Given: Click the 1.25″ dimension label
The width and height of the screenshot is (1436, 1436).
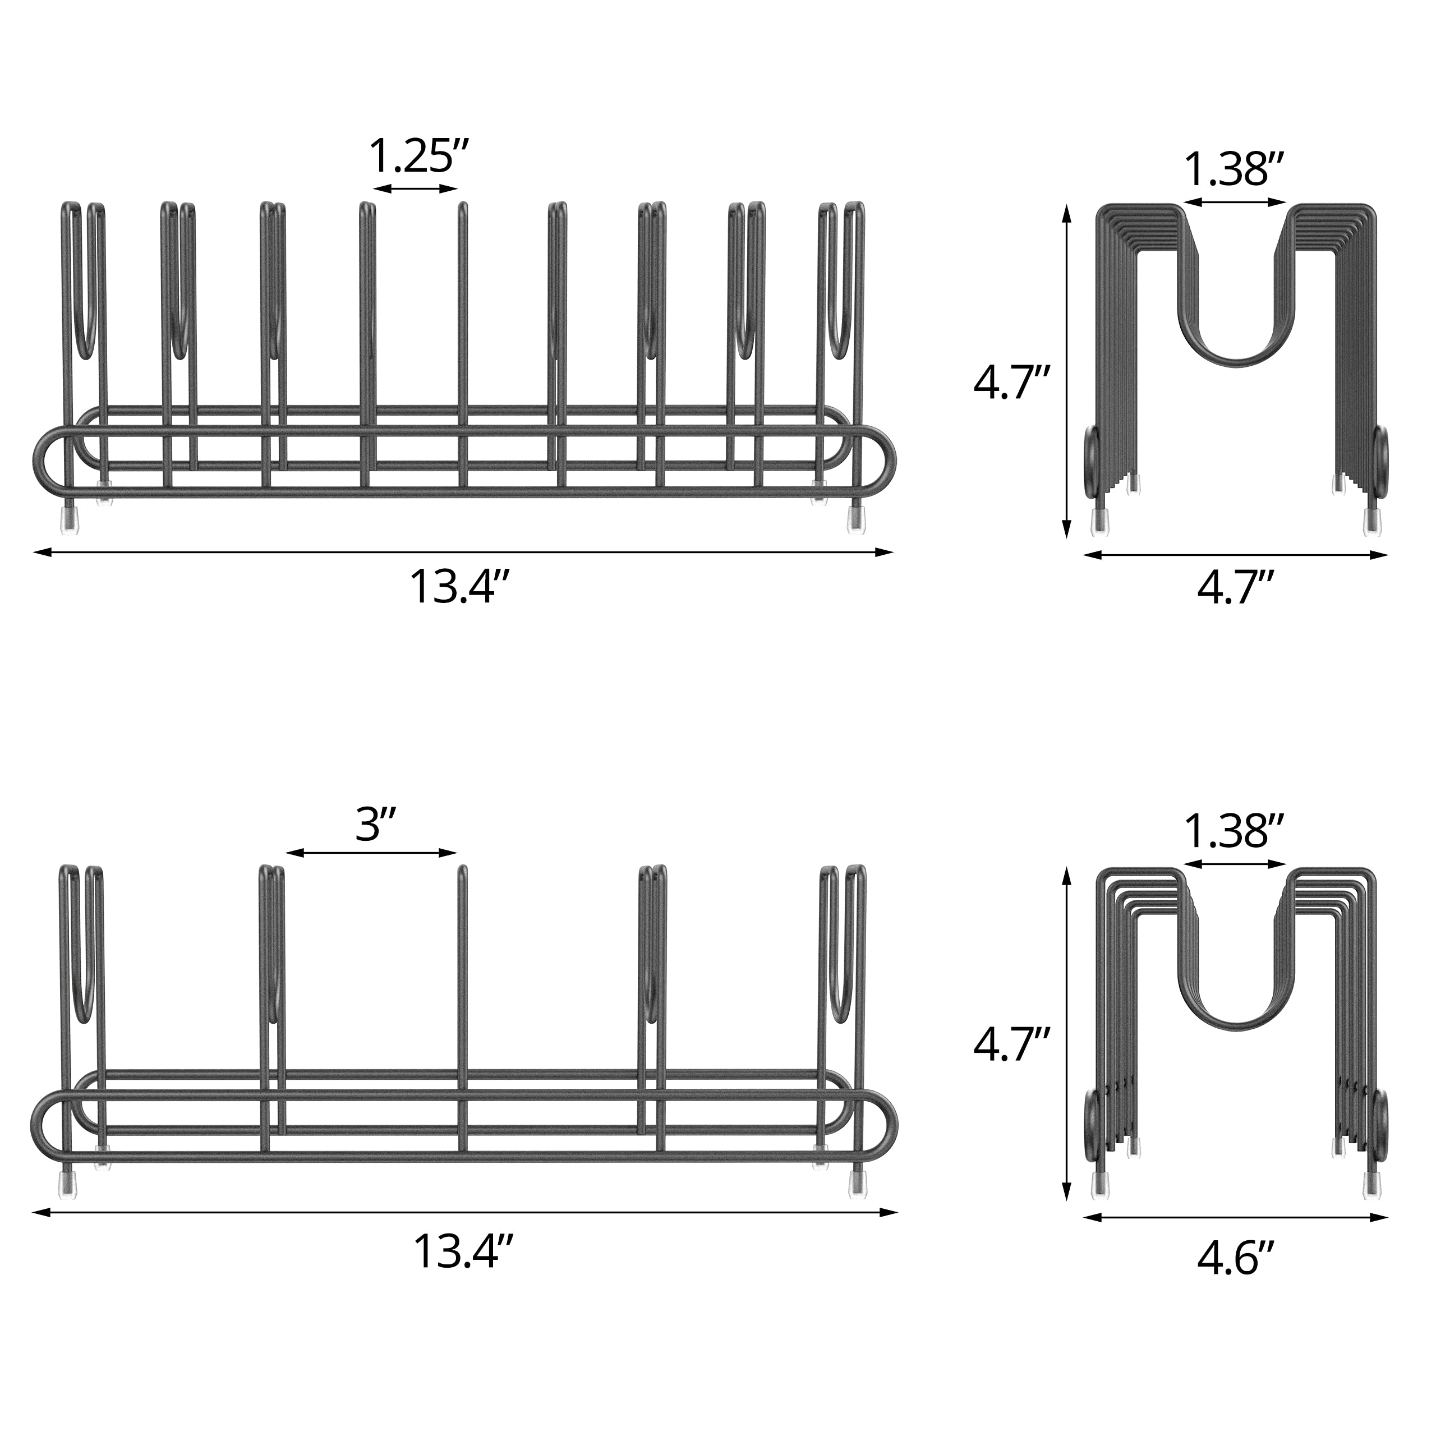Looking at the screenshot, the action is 419,155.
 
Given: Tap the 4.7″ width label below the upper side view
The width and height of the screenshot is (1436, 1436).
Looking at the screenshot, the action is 1236,588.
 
